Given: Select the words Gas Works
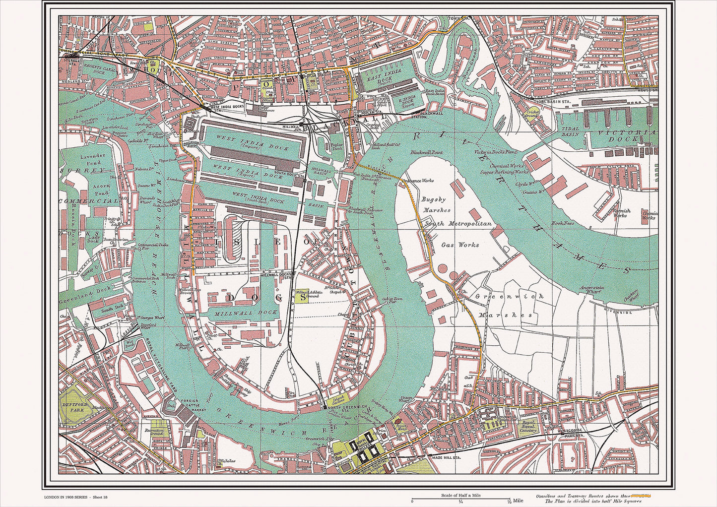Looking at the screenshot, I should click(x=460, y=245).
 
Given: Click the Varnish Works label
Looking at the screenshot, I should click(x=621, y=213).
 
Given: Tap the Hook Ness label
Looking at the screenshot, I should click(x=562, y=223).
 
